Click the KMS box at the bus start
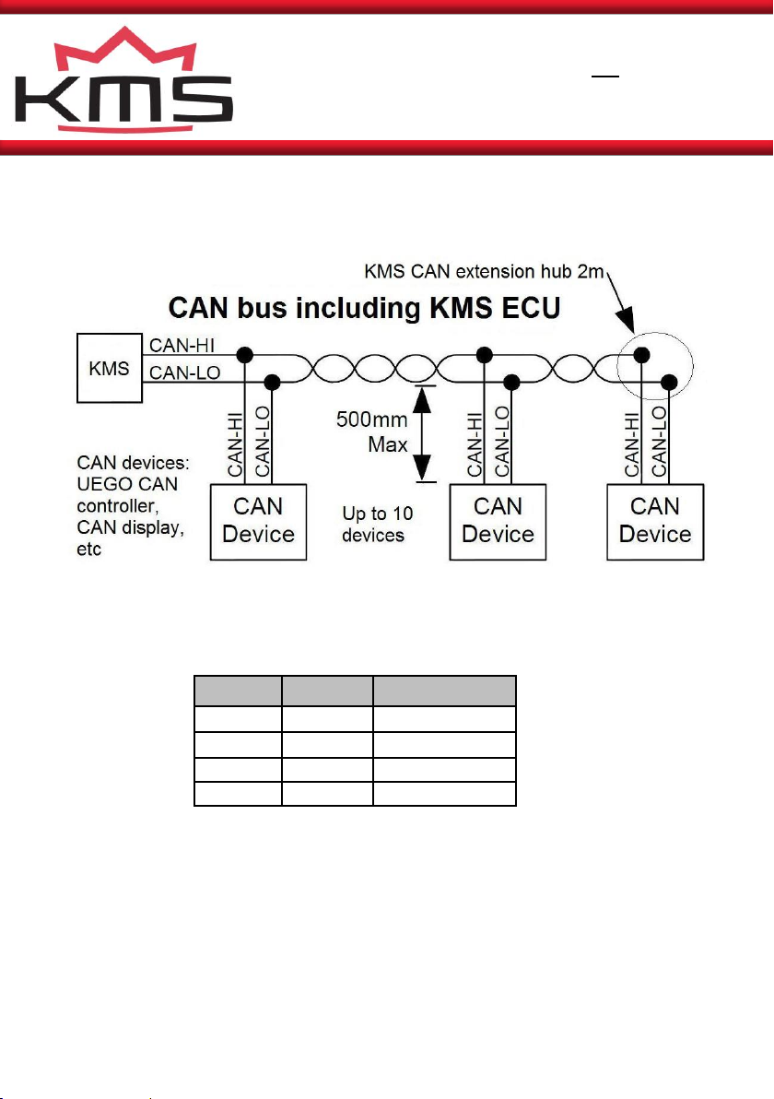coord(110,368)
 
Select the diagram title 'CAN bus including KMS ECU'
coord(364,308)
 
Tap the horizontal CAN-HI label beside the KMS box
coord(182,345)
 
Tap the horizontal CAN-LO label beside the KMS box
coord(185,372)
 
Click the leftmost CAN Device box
coord(259,522)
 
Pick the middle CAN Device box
coord(498,522)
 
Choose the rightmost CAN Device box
coord(655,522)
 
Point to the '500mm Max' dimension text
coord(372,431)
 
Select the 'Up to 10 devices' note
coord(377,525)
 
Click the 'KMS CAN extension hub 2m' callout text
coord(484,271)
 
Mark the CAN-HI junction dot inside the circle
coord(641,355)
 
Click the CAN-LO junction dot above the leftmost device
coord(273,382)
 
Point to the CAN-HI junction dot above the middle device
coord(484,355)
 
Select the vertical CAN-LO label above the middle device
coord(502,442)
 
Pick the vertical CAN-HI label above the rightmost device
coord(632,444)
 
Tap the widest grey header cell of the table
coord(445,691)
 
